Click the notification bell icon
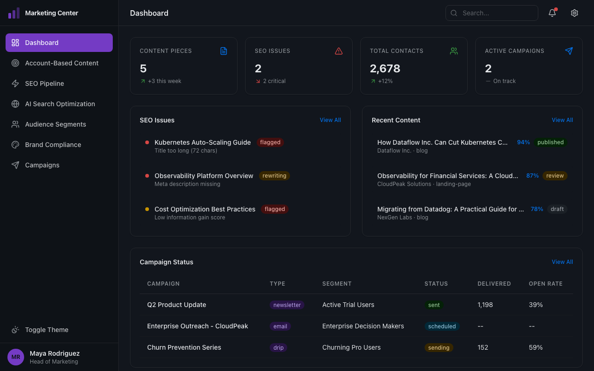pyautogui.click(x=552, y=13)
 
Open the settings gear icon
pyautogui.click(x=575, y=13)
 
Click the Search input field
pyautogui.click(x=492, y=13)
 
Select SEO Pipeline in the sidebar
pyautogui.click(x=45, y=83)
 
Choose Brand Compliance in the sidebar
pyautogui.click(x=53, y=145)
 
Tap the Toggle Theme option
pyautogui.click(x=46, y=330)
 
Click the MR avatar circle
pyautogui.click(x=16, y=357)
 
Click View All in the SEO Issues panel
pyautogui.click(x=330, y=120)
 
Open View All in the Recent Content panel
pyautogui.click(x=562, y=120)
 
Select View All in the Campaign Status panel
pyautogui.click(x=562, y=262)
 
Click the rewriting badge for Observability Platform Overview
pyautogui.click(x=274, y=176)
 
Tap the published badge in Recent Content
pyautogui.click(x=550, y=142)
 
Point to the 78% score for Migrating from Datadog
pyautogui.click(x=536, y=209)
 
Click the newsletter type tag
pyautogui.click(x=287, y=305)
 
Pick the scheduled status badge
pyautogui.click(x=442, y=326)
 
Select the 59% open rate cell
pyautogui.click(x=536, y=347)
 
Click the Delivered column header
pyautogui.click(x=494, y=284)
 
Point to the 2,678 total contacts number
pyautogui.click(x=385, y=69)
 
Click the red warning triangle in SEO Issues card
pyautogui.click(x=339, y=51)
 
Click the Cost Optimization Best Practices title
pyautogui.click(x=205, y=209)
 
